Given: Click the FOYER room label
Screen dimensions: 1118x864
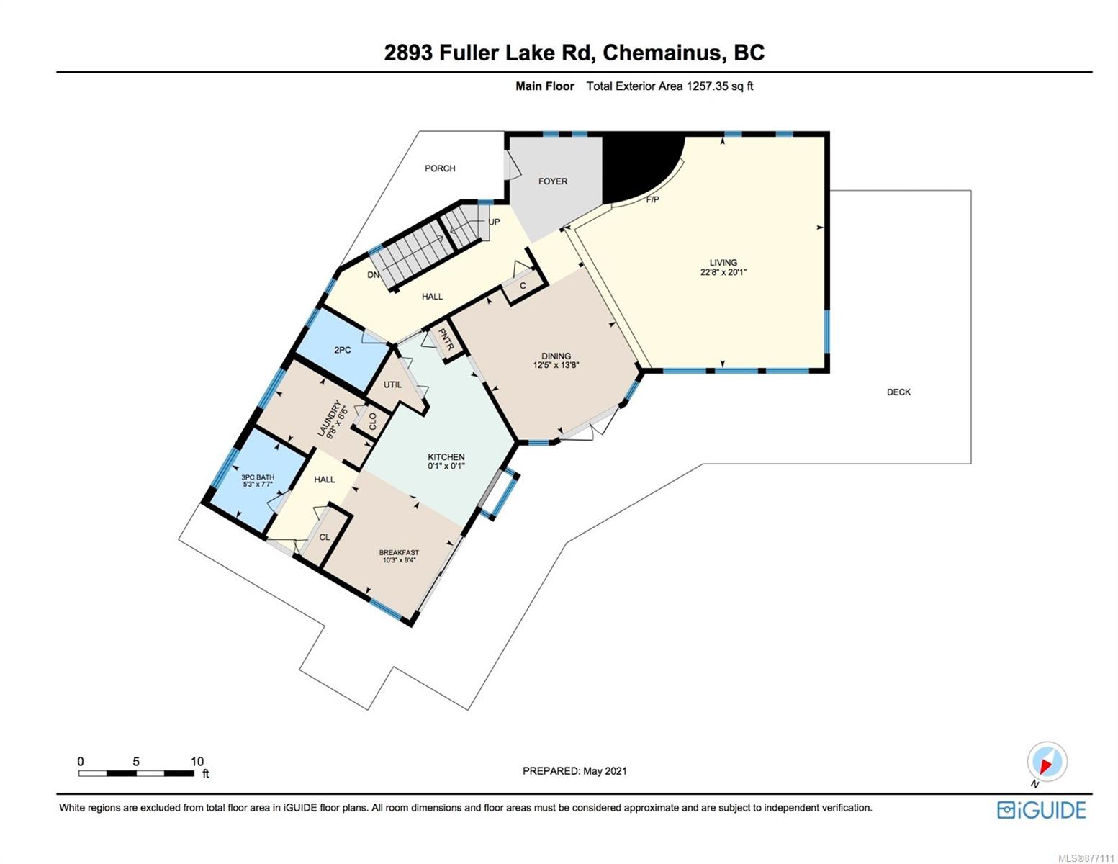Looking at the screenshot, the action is coord(553,181).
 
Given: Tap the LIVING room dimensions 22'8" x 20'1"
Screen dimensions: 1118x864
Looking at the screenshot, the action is coord(723,271).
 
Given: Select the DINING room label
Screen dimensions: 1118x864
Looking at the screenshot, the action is coord(556,356).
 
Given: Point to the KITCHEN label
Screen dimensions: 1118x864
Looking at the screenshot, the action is coord(446,457).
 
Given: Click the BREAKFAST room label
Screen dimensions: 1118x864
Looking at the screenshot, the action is coord(399,552).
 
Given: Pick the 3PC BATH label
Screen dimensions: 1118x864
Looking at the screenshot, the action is coord(258,477).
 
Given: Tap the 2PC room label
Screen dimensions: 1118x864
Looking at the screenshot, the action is coord(342,350).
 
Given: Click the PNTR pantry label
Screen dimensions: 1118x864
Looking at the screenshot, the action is coord(446,340).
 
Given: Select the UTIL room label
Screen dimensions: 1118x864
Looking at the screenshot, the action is coord(392,384).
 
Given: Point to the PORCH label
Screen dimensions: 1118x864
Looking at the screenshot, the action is coord(440,168).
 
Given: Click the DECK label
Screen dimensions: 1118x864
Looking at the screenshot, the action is coord(898,392).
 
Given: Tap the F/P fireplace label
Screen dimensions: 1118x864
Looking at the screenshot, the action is coord(652,199).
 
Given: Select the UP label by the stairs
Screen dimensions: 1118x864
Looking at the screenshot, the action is coord(494,222).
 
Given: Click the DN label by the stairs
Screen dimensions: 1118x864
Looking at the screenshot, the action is coord(373,275).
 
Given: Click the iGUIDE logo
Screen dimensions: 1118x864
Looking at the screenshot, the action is coord(1042,810).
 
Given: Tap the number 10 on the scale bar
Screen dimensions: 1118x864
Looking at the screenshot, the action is coord(197,762).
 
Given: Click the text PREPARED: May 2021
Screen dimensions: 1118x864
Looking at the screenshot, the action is coord(574,771).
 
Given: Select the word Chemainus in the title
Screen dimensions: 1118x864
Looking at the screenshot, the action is coord(662,53).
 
